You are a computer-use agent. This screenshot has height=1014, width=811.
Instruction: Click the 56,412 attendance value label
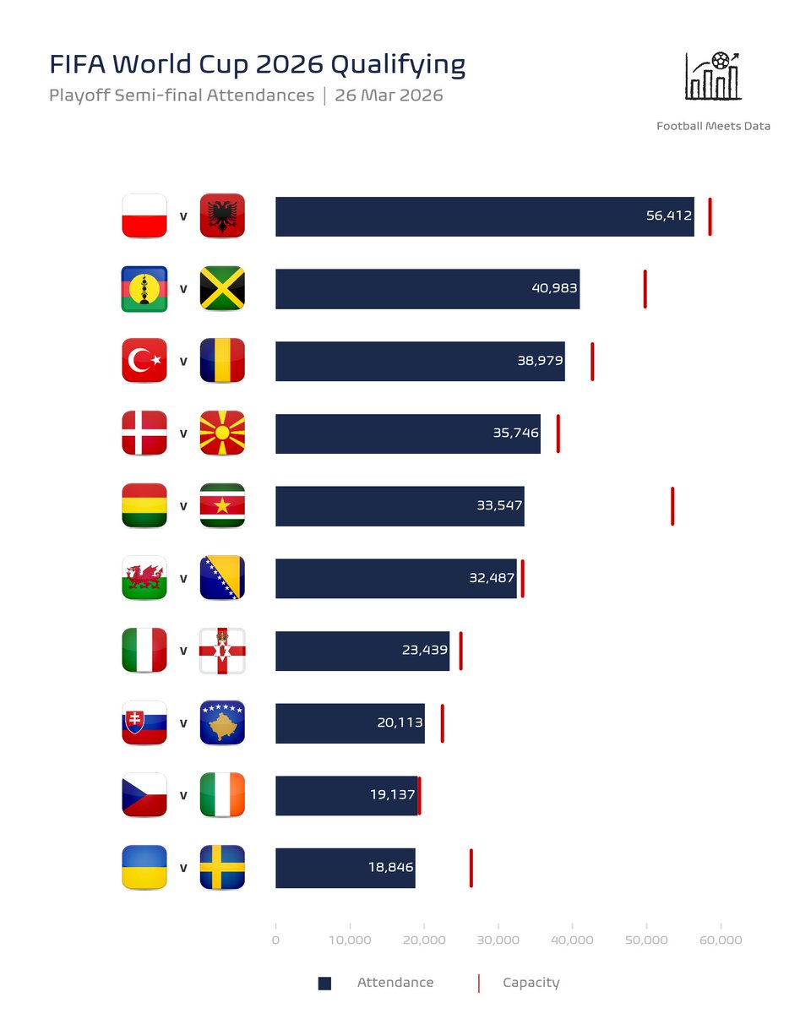click(669, 216)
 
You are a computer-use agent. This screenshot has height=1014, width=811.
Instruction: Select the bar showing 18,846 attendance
click(345, 868)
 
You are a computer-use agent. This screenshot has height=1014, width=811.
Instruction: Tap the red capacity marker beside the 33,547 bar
click(672, 506)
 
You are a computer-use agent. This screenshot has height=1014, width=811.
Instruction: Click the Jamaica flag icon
click(222, 289)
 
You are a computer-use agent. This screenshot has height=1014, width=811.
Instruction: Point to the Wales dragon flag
click(144, 578)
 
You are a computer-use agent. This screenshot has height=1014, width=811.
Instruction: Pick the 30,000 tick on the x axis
click(498, 940)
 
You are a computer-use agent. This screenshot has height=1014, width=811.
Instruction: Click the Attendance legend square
click(324, 983)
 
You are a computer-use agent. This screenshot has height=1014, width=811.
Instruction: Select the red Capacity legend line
click(479, 983)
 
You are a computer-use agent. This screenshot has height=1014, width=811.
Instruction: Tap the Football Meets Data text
click(713, 126)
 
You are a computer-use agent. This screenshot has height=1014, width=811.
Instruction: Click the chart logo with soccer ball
click(714, 76)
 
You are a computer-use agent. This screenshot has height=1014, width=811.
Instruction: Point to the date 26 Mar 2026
click(389, 95)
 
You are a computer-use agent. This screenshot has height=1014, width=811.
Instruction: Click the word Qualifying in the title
click(397, 65)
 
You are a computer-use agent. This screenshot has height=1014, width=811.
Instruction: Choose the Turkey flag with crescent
click(144, 361)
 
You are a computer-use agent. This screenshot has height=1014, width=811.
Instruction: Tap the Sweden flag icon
click(222, 867)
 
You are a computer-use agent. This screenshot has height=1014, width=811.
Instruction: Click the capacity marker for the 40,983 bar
click(645, 289)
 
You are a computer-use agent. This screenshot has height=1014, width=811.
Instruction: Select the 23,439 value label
click(424, 651)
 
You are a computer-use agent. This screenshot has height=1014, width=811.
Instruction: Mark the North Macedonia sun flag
click(222, 433)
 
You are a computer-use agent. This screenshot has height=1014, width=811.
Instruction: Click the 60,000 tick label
click(721, 940)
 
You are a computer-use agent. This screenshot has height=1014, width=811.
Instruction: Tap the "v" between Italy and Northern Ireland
click(183, 651)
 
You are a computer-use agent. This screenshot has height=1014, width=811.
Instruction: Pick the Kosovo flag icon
click(222, 723)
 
